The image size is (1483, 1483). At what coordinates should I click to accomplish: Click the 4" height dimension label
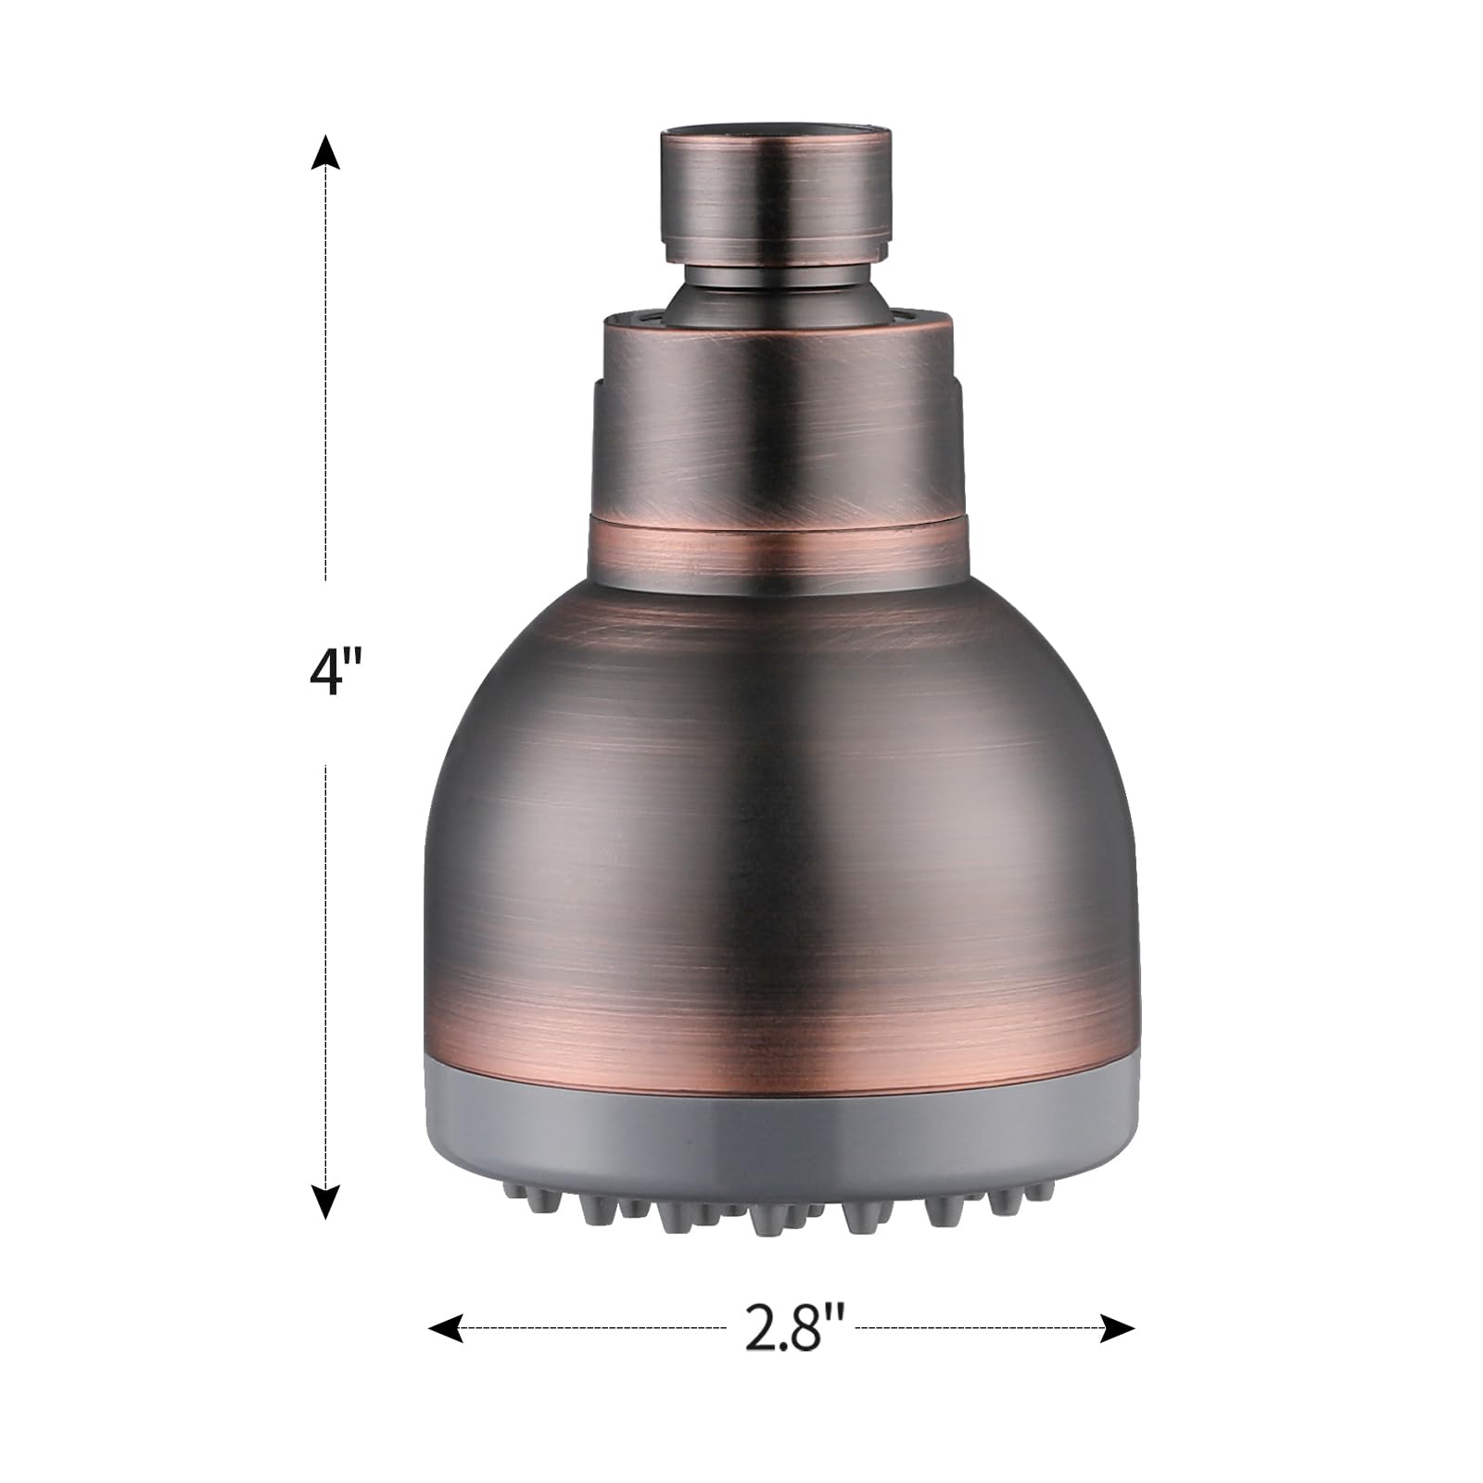tap(333, 673)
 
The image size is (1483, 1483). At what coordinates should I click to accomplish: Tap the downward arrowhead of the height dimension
tap(324, 1201)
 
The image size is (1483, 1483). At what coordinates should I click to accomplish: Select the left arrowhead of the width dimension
tap(447, 1329)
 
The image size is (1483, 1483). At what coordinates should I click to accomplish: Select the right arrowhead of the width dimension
tap(1117, 1329)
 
